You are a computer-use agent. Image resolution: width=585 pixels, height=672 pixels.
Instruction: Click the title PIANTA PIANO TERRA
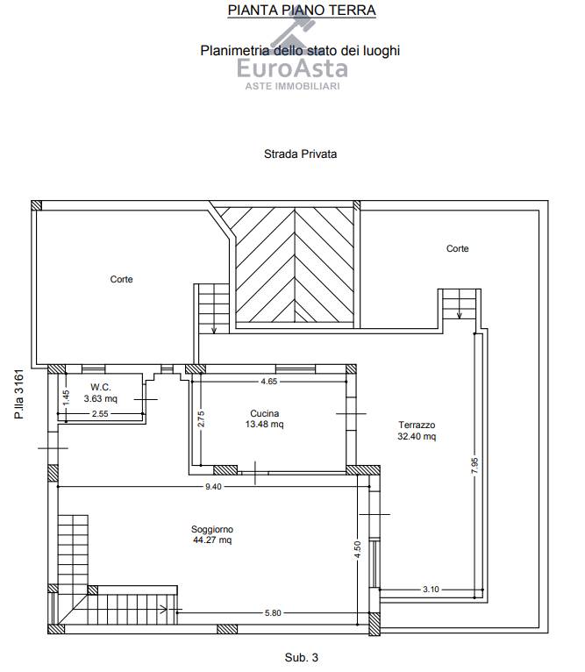point(302,10)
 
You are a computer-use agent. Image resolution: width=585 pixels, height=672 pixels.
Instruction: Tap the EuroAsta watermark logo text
point(292,68)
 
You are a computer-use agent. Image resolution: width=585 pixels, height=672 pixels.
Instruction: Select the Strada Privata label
point(300,154)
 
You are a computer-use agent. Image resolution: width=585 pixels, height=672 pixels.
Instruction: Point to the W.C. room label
point(101,387)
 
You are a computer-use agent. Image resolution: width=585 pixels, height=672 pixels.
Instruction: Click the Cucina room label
point(264,413)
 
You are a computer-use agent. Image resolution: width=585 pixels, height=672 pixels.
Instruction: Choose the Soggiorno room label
point(212,529)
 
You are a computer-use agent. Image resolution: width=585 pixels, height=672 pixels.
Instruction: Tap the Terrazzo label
point(417,425)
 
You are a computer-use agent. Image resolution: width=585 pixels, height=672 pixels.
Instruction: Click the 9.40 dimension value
point(213,486)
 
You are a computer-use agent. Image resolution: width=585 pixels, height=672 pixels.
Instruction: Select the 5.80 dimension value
point(273,613)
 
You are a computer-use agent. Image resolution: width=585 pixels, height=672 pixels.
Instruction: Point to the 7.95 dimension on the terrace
point(474,466)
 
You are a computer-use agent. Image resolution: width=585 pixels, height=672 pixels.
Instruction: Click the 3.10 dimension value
point(431,590)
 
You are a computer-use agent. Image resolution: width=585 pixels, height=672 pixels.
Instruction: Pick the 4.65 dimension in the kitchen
point(269,381)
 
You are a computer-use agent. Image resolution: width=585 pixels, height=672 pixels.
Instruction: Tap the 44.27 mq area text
point(212,540)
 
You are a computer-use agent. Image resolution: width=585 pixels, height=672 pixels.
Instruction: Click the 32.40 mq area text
point(417,436)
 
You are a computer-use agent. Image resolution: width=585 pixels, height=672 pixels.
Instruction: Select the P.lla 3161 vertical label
point(19,394)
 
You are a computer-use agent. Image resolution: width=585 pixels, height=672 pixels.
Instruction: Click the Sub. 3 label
point(302,657)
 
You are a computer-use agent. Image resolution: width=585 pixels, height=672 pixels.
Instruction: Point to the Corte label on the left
point(121,279)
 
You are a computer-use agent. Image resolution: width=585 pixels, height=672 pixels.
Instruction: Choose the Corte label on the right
point(457,248)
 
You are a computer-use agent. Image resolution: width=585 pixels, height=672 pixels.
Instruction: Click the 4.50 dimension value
point(358,550)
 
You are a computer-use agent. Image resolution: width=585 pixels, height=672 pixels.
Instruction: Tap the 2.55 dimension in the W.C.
point(100,413)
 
